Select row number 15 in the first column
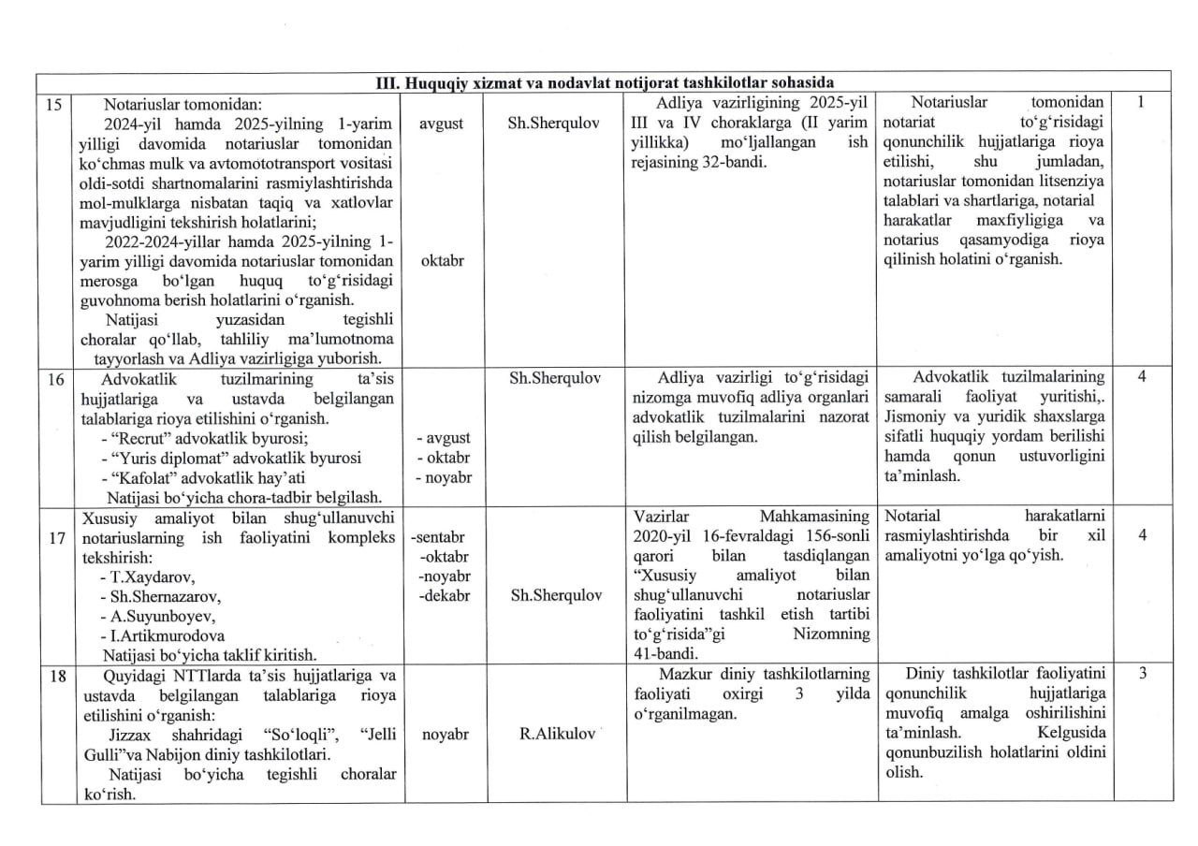(x=53, y=103)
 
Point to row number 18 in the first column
(x=53, y=676)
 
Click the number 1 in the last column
(x=1141, y=103)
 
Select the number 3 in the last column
(x=1142, y=676)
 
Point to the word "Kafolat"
(x=143, y=478)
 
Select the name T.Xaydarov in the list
(x=151, y=576)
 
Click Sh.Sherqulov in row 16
(x=556, y=378)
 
